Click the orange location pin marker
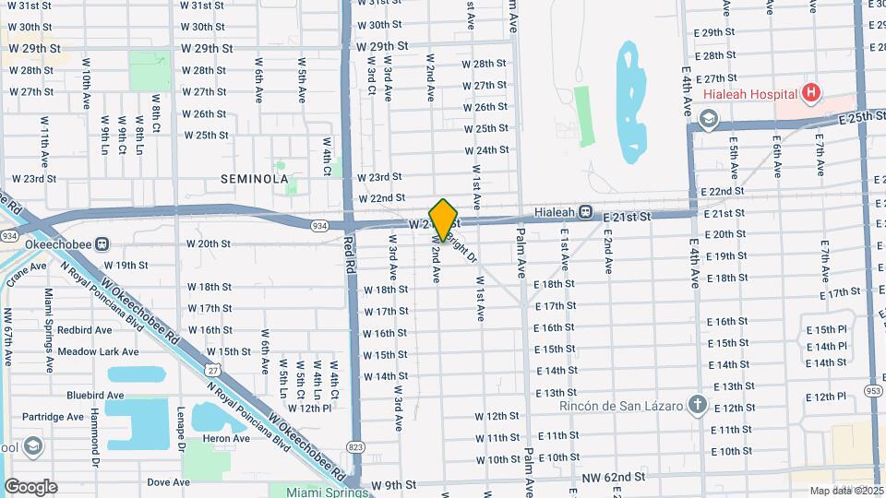(x=444, y=219)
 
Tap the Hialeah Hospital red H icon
(x=810, y=92)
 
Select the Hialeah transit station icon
(x=585, y=211)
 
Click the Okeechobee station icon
(x=102, y=244)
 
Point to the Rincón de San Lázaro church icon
(x=697, y=405)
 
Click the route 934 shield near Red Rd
(x=318, y=225)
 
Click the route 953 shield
(x=871, y=390)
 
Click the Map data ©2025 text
(x=844, y=491)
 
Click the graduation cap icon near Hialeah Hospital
(x=708, y=118)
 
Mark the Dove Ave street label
(x=168, y=481)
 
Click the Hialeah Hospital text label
(x=750, y=94)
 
